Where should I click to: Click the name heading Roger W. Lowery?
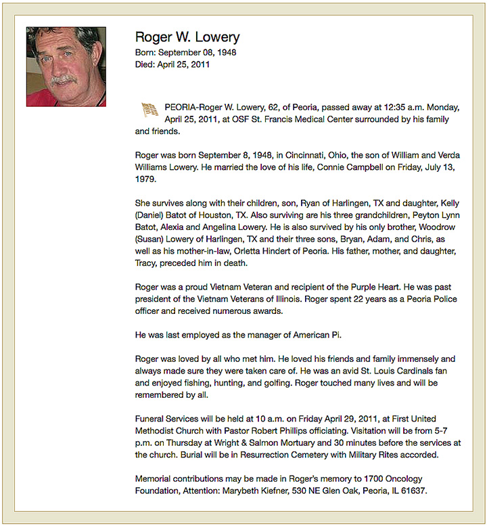(x=187, y=37)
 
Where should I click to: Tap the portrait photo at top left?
(x=66, y=66)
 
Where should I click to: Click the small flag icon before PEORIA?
(x=149, y=108)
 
